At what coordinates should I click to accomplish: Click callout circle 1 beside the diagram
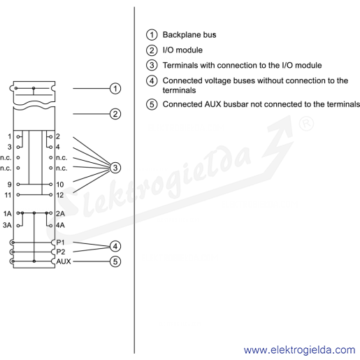tap(115, 89)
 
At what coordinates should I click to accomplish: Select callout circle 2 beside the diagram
tap(115, 114)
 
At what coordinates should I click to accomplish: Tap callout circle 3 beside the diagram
tap(115, 168)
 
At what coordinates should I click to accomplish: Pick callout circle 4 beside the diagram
tap(115, 246)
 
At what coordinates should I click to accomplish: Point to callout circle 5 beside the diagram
tap(115, 261)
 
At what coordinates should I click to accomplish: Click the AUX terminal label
tap(64, 261)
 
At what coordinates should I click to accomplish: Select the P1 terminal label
tap(60, 243)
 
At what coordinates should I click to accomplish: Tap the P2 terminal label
tap(61, 252)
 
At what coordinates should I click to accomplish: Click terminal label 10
tap(60, 185)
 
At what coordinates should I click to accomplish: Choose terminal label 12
tap(60, 195)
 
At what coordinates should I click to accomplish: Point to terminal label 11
tap(8, 195)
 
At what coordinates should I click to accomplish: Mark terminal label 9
tap(9, 185)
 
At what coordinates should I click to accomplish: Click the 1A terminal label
tap(8, 213)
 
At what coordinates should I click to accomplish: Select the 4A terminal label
tap(60, 225)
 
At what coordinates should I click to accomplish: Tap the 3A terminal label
tap(7, 225)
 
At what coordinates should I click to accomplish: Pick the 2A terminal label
tap(60, 213)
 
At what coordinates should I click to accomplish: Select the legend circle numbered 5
tap(152, 104)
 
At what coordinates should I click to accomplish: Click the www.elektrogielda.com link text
tap(299, 350)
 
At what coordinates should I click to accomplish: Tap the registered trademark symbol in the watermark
tap(306, 124)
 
